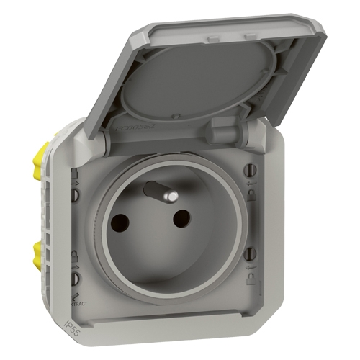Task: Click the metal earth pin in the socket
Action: [x=158, y=193]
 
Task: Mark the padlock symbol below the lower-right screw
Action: [x=248, y=274]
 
